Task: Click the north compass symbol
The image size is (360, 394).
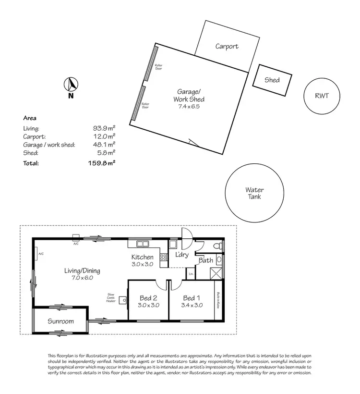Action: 71,85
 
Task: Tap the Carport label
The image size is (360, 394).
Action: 227,47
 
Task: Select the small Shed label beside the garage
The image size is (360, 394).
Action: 272,80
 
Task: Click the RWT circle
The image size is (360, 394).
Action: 322,96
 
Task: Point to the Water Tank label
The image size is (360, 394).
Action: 254,193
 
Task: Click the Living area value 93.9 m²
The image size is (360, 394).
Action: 104,128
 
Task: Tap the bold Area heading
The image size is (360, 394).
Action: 30,118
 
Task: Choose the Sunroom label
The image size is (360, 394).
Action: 60,321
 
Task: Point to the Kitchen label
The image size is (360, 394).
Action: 143,258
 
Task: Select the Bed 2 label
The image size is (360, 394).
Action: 148,298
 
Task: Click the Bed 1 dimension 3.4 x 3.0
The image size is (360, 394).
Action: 192,305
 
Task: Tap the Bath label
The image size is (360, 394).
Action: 206,260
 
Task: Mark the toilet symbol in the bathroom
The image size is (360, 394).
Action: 218,246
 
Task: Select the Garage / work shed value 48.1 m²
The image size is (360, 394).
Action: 104,144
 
